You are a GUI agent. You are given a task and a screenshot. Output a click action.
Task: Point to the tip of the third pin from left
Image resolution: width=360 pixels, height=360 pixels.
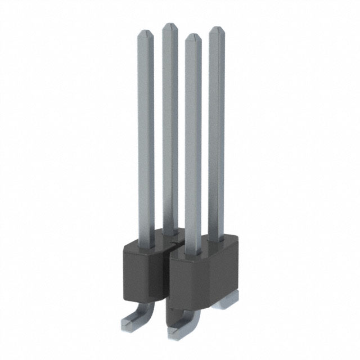tap(193, 38)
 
